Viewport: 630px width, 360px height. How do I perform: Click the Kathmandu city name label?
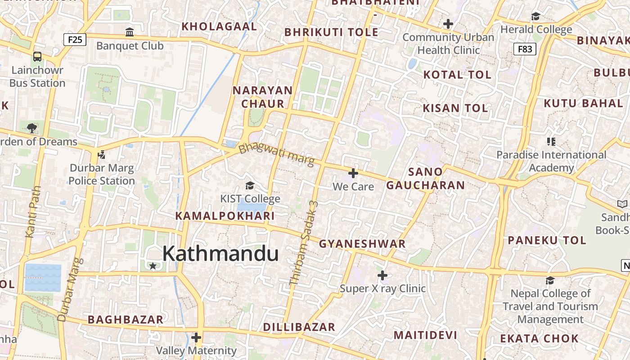pos(220,254)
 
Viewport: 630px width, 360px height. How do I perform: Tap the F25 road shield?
pos(75,40)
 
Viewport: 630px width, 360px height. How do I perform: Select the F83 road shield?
pos(525,49)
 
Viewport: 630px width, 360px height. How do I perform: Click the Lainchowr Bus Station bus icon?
pos(37,57)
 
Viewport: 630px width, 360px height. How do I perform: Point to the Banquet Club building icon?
pos(130,32)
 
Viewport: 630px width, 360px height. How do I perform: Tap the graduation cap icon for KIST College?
pos(250,185)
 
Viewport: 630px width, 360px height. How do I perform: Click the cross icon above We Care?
pos(353,173)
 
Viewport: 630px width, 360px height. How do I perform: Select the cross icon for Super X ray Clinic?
pos(382,275)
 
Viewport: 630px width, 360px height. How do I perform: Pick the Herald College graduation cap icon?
pos(535,17)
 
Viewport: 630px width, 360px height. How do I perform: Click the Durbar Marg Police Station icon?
pos(102,155)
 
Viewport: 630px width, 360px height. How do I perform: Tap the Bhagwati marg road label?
pos(276,154)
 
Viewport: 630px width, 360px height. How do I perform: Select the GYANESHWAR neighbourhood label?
pos(362,244)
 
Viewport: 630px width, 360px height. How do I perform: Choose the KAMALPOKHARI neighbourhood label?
pos(225,216)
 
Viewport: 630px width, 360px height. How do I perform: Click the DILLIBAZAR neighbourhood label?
pos(299,327)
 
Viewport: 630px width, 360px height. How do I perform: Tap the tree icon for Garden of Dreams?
pos(32,128)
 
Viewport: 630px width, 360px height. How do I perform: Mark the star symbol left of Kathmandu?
pos(153,266)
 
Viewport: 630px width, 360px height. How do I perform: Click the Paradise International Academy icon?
pos(551,142)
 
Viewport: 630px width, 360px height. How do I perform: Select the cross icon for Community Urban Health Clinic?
pos(448,24)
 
